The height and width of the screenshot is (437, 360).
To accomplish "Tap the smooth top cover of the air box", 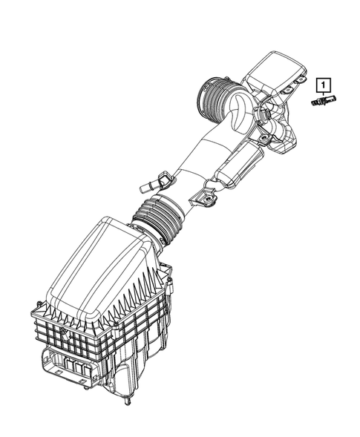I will pos(89,260).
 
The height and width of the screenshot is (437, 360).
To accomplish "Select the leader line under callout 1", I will pos(323,93).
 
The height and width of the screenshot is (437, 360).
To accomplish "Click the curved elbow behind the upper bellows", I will pos(238,119).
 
